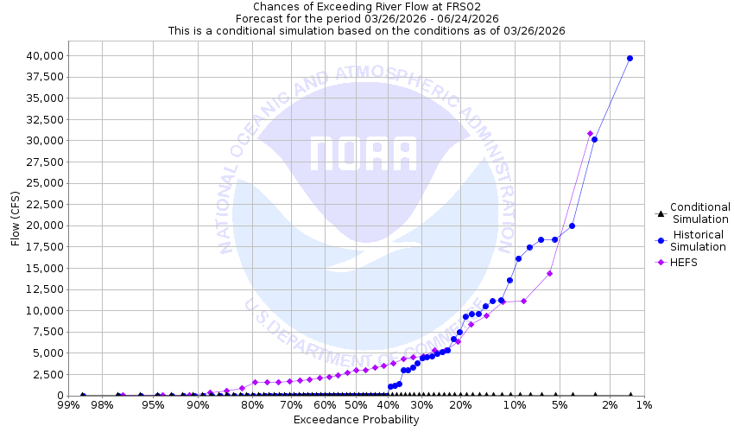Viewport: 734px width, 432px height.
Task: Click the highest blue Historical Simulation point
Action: tap(630, 58)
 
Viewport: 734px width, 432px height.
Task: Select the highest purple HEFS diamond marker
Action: tap(590, 133)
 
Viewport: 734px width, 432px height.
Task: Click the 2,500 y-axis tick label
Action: tap(41, 374)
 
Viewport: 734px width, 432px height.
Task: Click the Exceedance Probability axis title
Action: tap(356, 420)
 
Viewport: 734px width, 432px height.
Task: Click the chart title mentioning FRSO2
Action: tap(356, 7)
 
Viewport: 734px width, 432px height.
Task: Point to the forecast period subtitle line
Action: tap(356, 18)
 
